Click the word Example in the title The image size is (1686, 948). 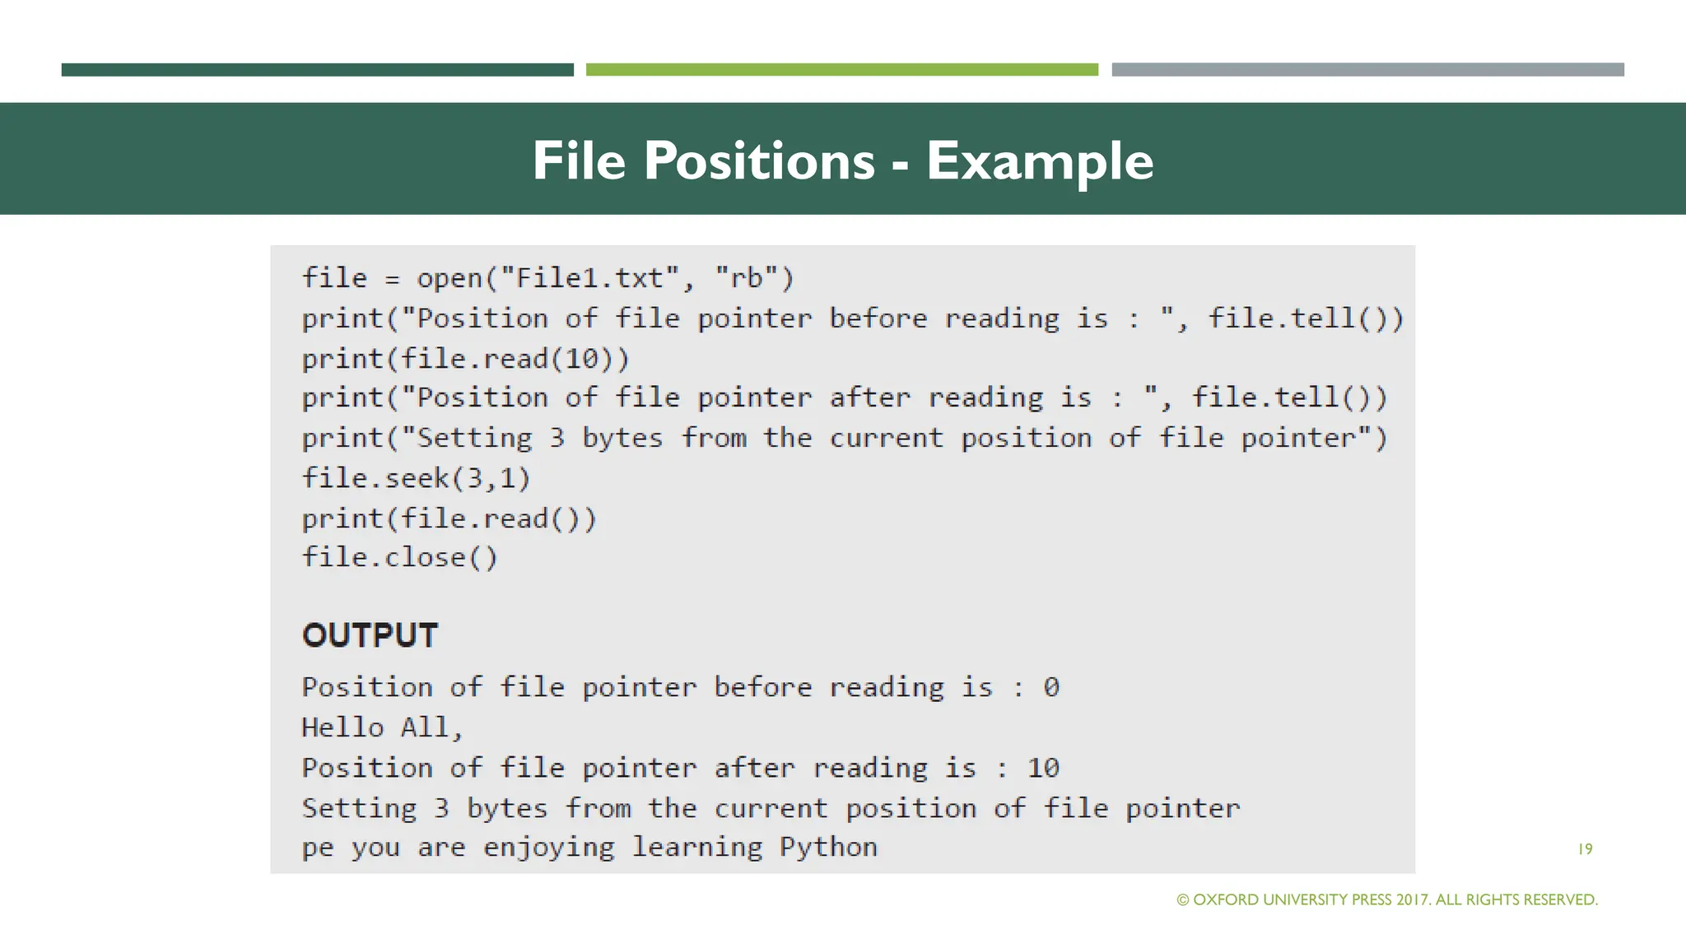tap(1039, 160)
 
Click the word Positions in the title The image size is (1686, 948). tap(758, 160)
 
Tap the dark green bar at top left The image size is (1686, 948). tap(317, 70)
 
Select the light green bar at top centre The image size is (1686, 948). tap(841, 70)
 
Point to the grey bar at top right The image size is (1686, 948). tap(1367, 70)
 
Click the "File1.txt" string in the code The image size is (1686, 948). tap(589, 278)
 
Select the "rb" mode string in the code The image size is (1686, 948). tap(747, 278)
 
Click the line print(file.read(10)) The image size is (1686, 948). tap(465, 359)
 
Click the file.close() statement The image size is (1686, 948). tap(399, 558)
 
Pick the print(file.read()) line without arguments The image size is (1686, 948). tap(449, 518)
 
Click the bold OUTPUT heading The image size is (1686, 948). tap(370, 635)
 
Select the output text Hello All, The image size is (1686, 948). tap(383, 727)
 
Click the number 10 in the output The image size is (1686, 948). tap(1042, 768)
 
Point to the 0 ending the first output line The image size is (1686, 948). tap(1050, 687)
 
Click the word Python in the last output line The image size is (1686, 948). tap(828, 847)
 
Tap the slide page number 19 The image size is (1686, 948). tap(1585, 849)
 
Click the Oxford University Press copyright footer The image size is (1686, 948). tap(1387, 899)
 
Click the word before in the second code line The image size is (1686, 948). tap(878, 318)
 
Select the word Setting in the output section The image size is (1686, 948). tap(359, 808)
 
